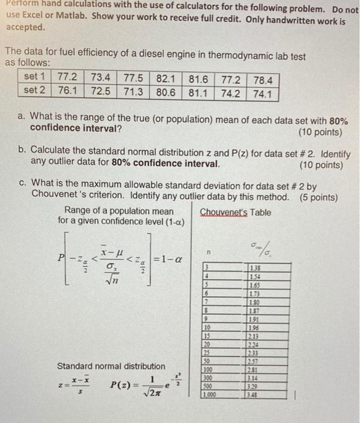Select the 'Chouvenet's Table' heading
tap(236, 212)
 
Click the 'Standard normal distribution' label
tap(111, 366)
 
